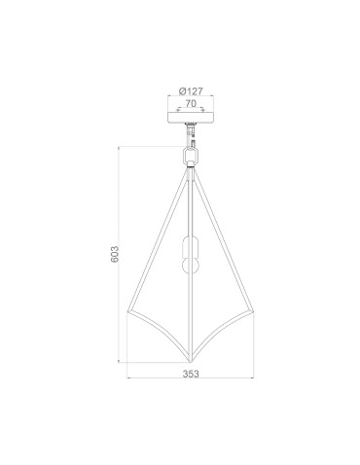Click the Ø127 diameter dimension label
click(x=190, y=83)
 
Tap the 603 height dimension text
click(x=115, y=255)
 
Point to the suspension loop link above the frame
click(x=190, y=155)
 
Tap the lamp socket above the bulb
click(x=191, y=244)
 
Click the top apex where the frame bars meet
click(x=191, y=169)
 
